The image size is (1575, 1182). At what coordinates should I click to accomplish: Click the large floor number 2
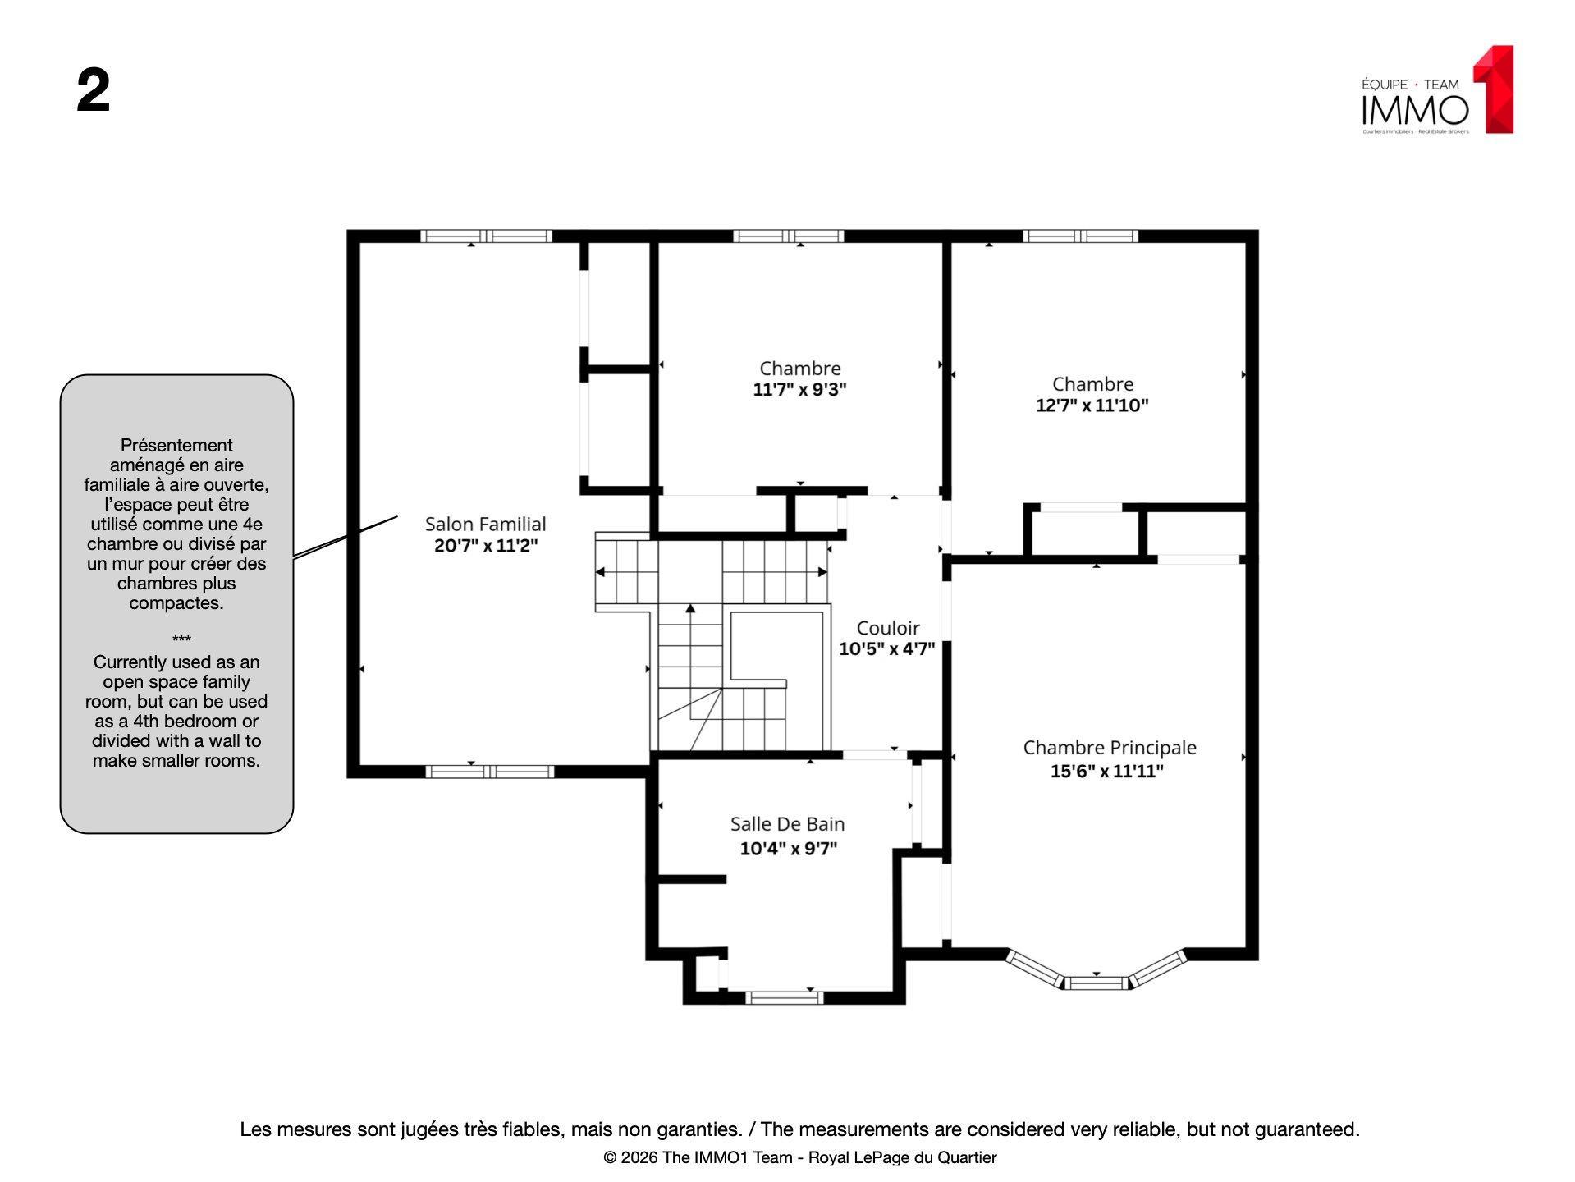[93, 91]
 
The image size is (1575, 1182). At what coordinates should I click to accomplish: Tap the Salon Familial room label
[485, 524]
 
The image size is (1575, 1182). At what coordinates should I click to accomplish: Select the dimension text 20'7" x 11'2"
[485, 545]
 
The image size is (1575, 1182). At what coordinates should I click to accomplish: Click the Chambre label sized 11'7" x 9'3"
[799, 368]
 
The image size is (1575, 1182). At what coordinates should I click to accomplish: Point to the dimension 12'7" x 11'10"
[1092, 405]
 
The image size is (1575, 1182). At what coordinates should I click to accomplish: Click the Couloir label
[887, 628]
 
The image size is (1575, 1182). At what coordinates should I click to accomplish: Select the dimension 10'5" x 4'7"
[886, 649]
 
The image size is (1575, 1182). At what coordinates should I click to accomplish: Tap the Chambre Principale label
[1109, 748]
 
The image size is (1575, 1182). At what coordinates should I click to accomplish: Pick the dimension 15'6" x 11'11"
[1106, 771]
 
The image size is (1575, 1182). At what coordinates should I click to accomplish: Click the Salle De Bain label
[787, 824]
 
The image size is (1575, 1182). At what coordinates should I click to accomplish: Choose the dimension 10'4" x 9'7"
[788, 848]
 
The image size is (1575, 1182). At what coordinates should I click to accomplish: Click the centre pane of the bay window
[1097, 983]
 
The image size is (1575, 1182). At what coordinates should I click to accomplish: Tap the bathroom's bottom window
[784, 998]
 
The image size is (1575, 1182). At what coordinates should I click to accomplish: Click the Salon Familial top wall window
[486, 236]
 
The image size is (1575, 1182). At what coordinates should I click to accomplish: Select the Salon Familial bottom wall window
[489, 772]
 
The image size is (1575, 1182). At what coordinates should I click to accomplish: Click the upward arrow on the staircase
[690, 609]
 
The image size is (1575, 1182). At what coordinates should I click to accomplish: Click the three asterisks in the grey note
[182, 639]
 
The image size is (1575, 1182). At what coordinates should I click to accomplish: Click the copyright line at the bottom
[799, 1157]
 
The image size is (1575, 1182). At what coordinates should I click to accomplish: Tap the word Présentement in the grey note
[176, 445]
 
